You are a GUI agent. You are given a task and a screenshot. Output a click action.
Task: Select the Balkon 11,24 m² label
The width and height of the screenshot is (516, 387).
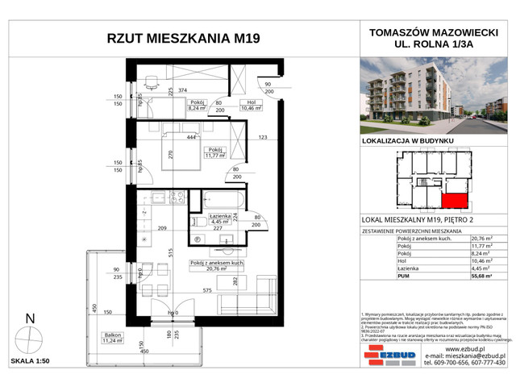113,339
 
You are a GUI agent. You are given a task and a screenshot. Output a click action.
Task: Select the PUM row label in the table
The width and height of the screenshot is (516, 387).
403,276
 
